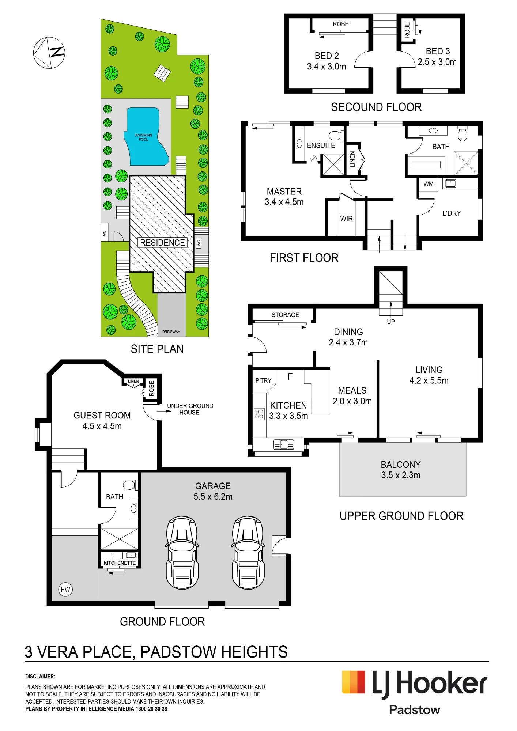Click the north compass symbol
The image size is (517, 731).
coord(49,53)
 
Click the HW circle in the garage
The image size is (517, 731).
coord(65,590)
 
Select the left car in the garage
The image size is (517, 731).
coord(182,552)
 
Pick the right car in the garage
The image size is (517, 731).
coord(248,552)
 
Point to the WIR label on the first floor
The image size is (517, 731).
coord(346,219)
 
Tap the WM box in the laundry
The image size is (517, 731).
coord(429,184)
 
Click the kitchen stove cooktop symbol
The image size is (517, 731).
coord(259,414)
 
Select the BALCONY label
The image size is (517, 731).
coord(401,465)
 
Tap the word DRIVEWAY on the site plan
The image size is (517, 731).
coord(171,332)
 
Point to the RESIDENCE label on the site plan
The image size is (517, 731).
coord(162,243)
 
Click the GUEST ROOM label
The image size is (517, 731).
coord(102,416)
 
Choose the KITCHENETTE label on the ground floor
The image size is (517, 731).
coord(120,563)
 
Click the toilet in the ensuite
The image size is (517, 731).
coord(336,136)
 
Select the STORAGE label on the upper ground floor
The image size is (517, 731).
coord(285,315)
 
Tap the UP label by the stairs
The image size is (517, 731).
coord(391,322)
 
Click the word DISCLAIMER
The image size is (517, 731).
coord(40,677)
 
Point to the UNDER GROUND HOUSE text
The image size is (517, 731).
coord(190,409)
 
